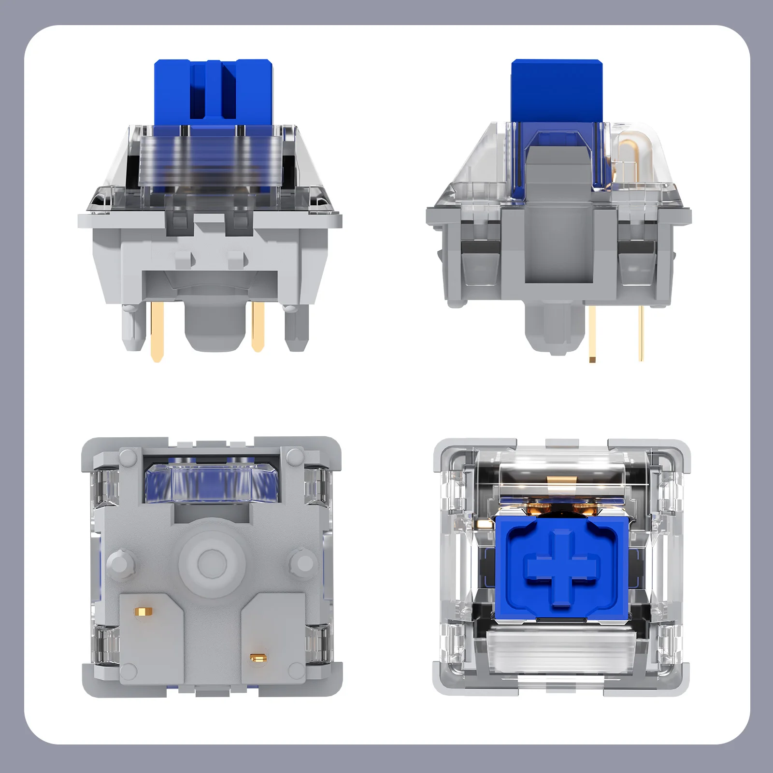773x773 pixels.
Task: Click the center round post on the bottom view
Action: (x=212, y=561)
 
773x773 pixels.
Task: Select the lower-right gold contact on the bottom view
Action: (x=256, y=657)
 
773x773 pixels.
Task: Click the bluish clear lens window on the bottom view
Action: (x=212, y=483)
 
